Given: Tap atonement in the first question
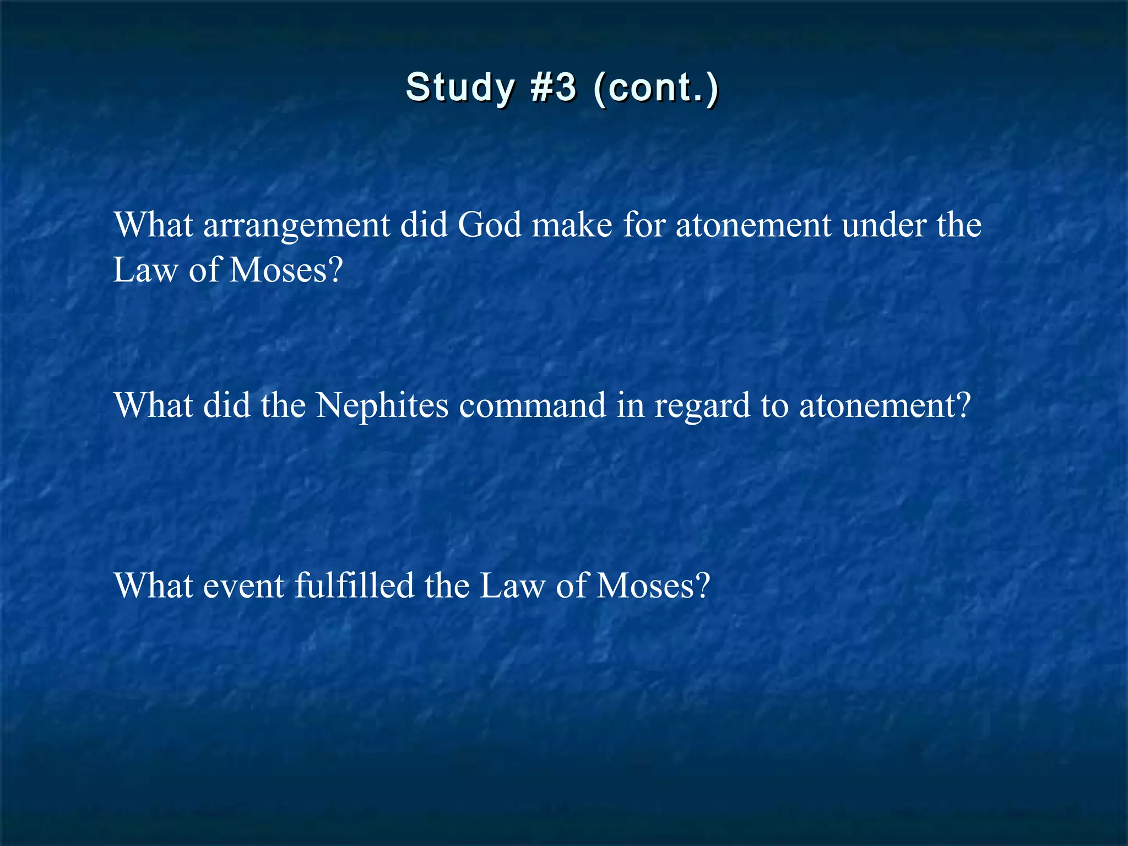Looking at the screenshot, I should tap(753, 226).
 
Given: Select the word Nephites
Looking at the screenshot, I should tap(382, 406).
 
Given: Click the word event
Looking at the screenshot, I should tap(244, 586).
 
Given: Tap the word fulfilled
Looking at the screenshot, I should tap(354, 585).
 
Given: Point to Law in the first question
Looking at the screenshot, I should tap(145, 270).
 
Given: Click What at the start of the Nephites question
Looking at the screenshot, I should tap(153, 405).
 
